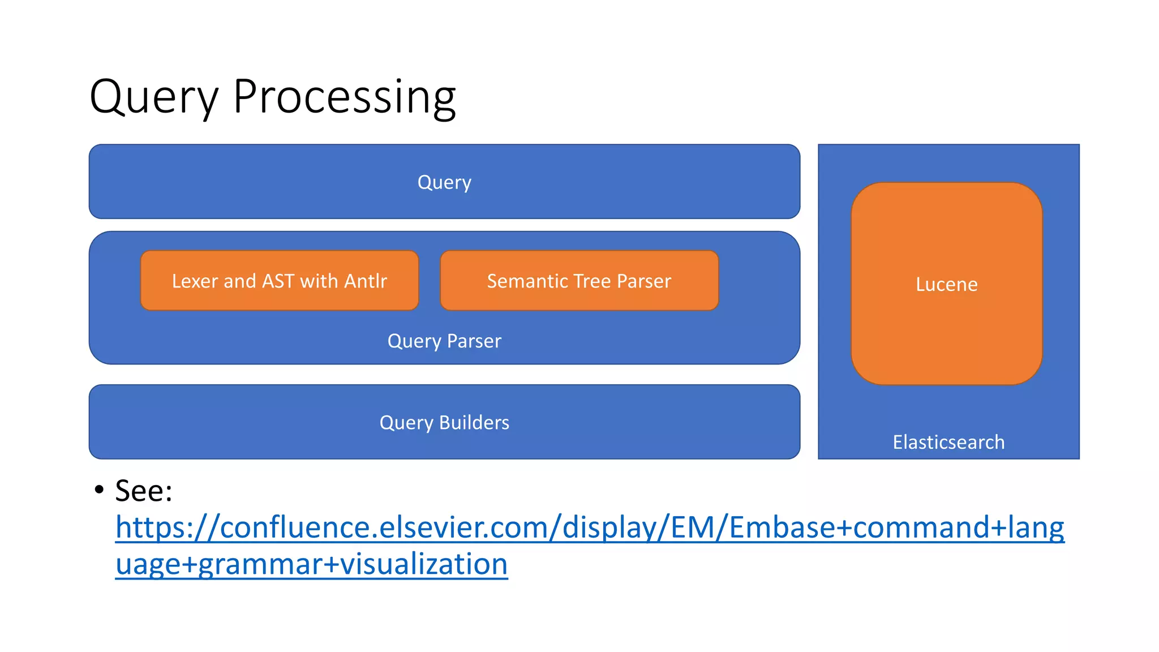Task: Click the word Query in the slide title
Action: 154,97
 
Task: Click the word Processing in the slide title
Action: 344,97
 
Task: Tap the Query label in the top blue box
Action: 444,182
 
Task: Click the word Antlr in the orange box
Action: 366,281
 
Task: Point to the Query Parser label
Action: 444,341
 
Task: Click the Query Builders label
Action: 444,423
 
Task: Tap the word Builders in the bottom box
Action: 474,423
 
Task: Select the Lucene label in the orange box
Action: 946,284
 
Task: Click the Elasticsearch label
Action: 948,442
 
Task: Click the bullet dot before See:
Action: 100,489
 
